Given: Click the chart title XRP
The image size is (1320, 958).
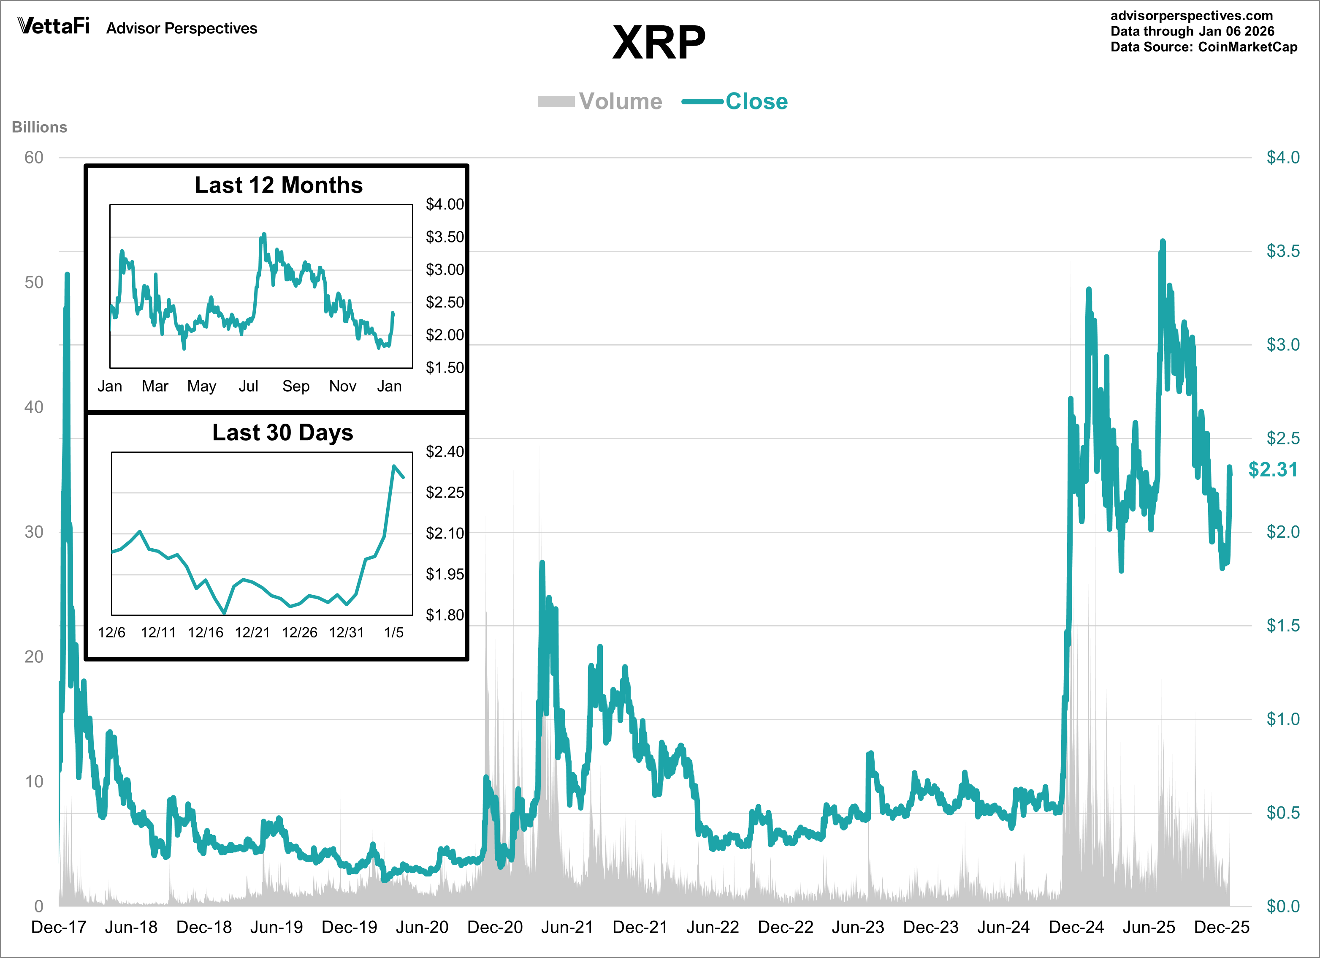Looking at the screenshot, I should point(659,43).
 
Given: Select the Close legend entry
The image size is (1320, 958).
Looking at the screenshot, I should point(756,101).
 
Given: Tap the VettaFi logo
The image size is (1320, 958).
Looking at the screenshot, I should point(54,26).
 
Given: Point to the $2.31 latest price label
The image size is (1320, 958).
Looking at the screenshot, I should point(1273,469).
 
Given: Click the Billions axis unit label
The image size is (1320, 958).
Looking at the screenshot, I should point(40,127).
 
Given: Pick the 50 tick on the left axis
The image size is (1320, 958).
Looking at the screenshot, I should point(34,283).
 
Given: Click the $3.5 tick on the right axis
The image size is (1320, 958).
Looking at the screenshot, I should point(1283,251).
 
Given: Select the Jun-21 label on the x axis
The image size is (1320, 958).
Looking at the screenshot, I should point(567,927).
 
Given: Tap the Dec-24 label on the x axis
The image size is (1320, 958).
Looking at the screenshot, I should point(1076,927).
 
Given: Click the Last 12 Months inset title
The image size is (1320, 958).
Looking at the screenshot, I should point(278,185).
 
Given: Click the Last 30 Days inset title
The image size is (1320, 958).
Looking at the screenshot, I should point(282,433).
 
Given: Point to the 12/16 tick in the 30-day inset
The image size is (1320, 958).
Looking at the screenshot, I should point(206,632).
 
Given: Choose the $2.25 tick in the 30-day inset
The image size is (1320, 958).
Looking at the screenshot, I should point(445,493).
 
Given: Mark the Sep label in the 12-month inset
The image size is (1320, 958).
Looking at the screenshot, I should point(295,386).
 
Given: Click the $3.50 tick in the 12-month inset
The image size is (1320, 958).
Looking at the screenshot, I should point(445,237).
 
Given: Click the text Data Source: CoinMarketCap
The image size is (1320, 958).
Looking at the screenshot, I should point(1203,47).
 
